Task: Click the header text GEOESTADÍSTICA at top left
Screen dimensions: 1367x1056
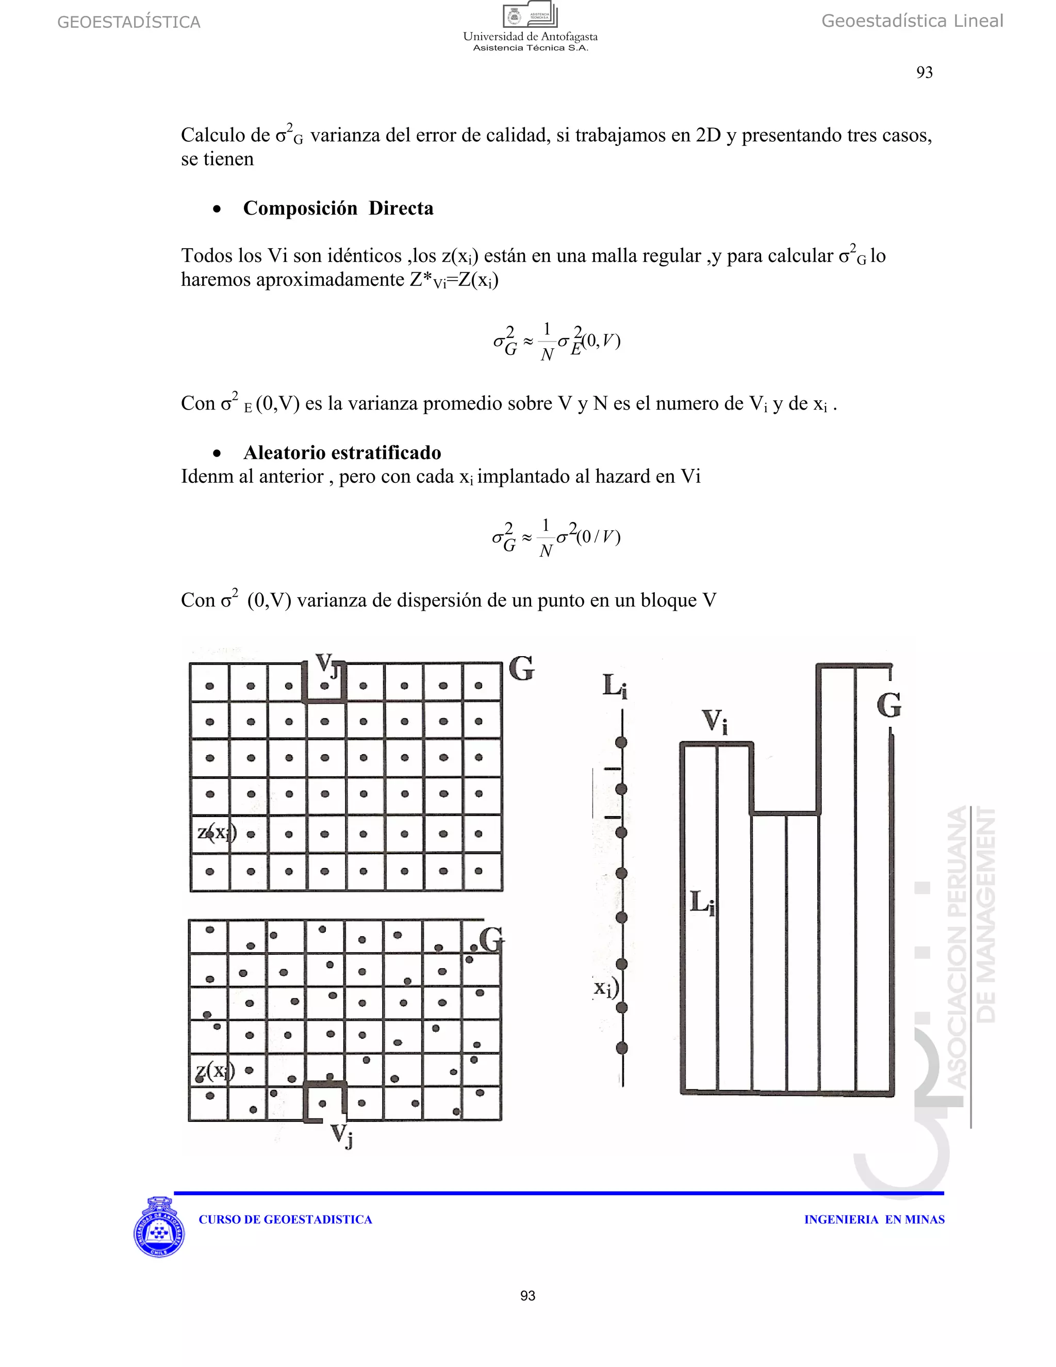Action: [128, 23]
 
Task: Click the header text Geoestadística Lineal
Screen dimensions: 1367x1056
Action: [912, 21]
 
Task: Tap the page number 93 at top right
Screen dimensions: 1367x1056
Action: [924, 73]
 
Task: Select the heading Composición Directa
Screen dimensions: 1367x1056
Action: [338, 208]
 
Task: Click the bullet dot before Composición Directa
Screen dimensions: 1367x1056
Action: [217, 209]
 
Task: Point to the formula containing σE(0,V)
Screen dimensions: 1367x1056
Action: [556, 341]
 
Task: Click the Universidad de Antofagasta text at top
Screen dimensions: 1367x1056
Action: [530, 37]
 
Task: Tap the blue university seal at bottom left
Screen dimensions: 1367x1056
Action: [159, 1227]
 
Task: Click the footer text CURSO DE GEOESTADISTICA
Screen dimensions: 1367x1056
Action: [285, 1219]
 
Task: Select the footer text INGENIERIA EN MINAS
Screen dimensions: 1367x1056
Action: [874, 1219]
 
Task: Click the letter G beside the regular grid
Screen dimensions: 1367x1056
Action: [522, 669]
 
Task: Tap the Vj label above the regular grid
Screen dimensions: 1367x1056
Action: [326, 665]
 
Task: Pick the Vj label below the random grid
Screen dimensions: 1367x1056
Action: [341, 1134]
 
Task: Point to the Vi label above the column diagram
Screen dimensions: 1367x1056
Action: [715, 721]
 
